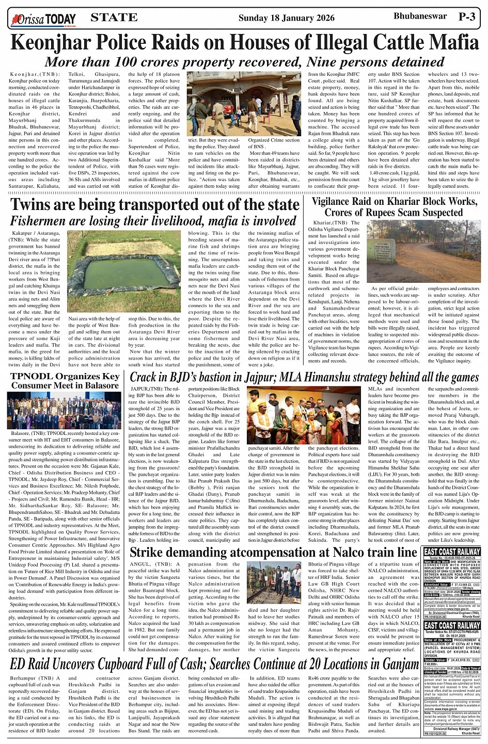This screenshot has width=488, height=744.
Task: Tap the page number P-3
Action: pos(467,17)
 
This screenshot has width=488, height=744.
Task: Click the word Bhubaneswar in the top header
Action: pos(420,16)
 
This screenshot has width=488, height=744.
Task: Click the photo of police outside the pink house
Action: pos(244,103)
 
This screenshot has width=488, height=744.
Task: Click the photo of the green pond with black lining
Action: pos(124,270)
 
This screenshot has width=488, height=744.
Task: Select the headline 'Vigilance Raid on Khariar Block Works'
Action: pos(394,201)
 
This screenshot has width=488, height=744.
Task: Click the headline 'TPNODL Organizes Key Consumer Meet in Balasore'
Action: pos(65,381)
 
